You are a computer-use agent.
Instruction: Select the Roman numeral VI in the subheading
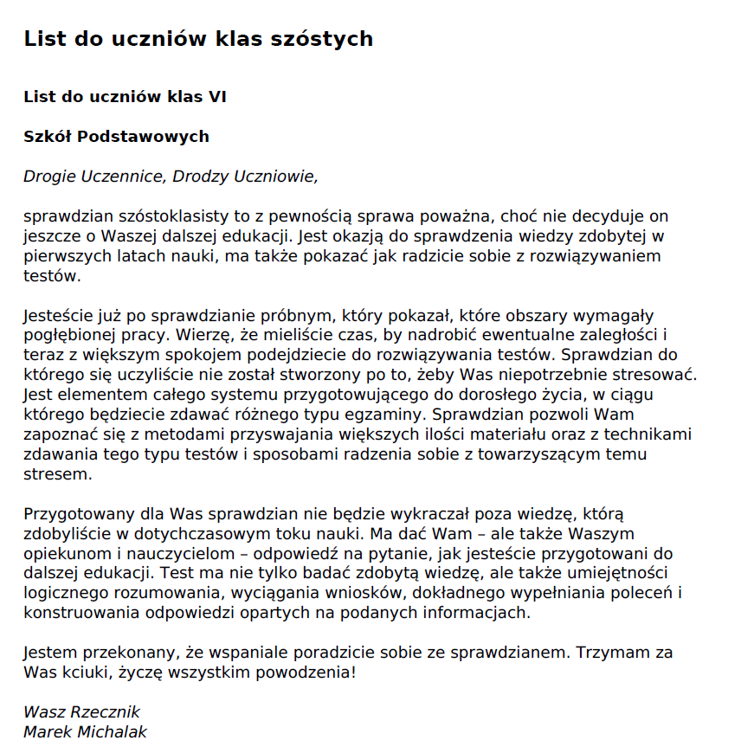point(216,96)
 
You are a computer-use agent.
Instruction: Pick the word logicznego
point(62,594)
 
